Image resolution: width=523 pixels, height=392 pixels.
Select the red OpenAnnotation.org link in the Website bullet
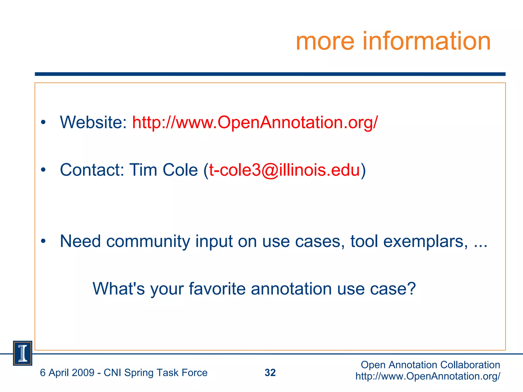[x=255, y=122]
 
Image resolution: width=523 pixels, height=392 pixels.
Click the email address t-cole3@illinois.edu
[x=284, y=170]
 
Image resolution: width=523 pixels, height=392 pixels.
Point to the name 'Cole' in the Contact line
[x=180, y=170]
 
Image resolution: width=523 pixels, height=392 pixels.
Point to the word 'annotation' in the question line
[x=291, y=289]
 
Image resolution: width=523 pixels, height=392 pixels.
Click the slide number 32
[x=270, y=373]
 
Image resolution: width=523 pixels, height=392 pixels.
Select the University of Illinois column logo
[x=22, y=353]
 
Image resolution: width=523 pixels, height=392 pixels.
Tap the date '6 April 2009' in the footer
[x=67, y=373]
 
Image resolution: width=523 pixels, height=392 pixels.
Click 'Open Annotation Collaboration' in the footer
[x=430, y=365]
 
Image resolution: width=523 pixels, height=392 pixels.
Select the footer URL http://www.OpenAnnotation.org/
[x=428, y=376]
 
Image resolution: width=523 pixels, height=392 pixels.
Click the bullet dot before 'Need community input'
[x=43, y=241]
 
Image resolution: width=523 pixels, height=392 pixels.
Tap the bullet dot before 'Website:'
[x=43, y=122]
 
